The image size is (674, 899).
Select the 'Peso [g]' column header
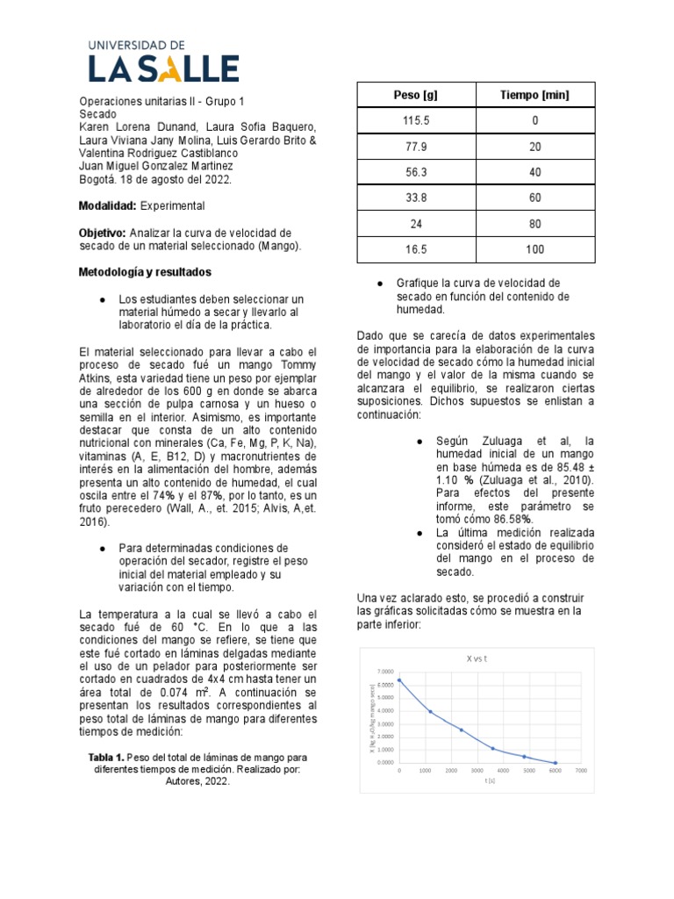pyautogui.click(x=415, y=95)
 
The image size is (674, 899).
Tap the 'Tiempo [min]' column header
pyautogui.click(x=534, y=95)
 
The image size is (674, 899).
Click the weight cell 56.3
pyautogui.click(x=415, y=173)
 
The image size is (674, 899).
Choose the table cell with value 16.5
pyautogui.click(x=415, y=249)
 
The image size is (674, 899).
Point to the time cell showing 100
pyautogui.click(x=534, y=249)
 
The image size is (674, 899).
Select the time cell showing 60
pyautogui.click(x=534, y=198)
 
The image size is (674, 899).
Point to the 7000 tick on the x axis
pyautogui.click(x=581, y=770)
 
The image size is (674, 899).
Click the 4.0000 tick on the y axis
pyautogui.click(x=386, y=711)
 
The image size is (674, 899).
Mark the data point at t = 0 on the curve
pyautogui.click(x=399, y=680)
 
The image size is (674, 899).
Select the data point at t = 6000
pyautogui.click(x=555, y=763)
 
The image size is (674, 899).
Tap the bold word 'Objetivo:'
pyautogui.click(x=104, y=233)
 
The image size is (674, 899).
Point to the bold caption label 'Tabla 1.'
pyautogui.click(x=107, y=757)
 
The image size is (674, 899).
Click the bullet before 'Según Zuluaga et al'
pyautogui.click(x=420, y=441)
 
